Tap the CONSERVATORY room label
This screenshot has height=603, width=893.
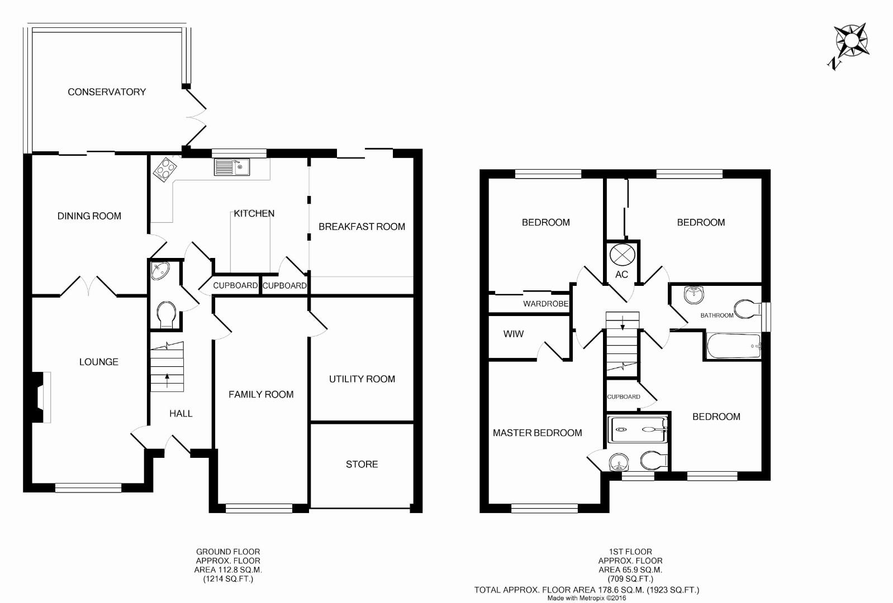(107, 92)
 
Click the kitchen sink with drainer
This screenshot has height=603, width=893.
(231, 167)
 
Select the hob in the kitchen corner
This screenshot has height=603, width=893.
(165, 169)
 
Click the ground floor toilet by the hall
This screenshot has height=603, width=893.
(167, 315)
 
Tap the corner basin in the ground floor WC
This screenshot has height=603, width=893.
(160, 271)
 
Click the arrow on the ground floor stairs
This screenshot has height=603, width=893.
(167, 380)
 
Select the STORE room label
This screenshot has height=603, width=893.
(362, 465)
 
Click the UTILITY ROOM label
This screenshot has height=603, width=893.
(362, 379)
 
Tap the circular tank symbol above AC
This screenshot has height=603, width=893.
(622, 255)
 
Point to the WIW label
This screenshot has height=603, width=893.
(513, 334)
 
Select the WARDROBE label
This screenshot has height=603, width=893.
(545, 304)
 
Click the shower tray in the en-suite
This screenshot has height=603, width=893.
(638, 429)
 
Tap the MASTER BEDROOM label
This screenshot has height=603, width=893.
(537, 433)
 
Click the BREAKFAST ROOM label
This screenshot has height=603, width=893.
(362, 227)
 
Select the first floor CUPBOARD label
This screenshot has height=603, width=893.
(624, 397)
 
